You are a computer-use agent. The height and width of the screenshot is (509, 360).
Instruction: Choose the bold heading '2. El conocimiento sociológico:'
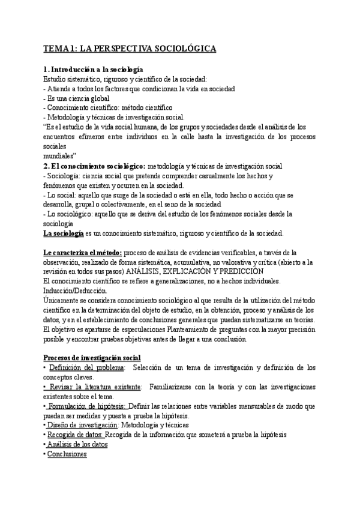click(94, 166)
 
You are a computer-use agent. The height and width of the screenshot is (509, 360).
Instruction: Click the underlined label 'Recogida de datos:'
click(75, 435)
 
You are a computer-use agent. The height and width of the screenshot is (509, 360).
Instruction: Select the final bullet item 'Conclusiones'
click(67, 454)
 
